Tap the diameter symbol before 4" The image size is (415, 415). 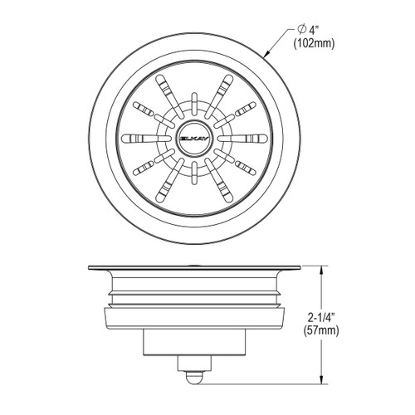point(295,32)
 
